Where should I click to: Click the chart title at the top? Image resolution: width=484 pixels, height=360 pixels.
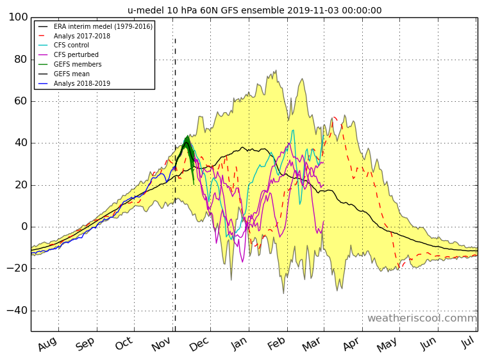[255, 10]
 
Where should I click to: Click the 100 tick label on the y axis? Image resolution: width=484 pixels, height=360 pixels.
[18, 17]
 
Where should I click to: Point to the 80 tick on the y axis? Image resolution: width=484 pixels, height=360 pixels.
[21, 59]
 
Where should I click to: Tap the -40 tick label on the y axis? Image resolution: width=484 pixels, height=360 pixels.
[17, 310]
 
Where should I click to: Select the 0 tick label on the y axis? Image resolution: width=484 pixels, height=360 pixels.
[25, 227]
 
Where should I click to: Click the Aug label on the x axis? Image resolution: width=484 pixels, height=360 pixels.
[47, 343]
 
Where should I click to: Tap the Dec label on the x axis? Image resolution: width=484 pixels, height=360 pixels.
[199, 343]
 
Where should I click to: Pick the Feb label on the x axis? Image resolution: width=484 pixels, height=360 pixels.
[276, 343]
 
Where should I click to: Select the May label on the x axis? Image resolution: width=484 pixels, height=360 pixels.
[387, 344]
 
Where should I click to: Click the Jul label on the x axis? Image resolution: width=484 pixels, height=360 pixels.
[468, 342]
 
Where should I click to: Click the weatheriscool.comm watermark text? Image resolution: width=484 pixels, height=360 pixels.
[422, 318]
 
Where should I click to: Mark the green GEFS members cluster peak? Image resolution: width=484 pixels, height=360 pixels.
[187, 136]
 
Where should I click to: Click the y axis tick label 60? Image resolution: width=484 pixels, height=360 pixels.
[21, 101]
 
